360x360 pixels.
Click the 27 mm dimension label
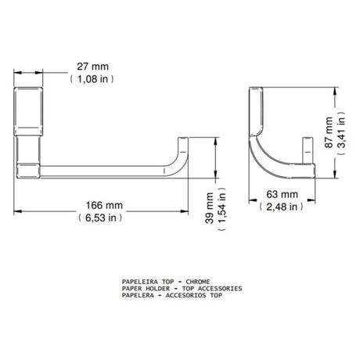click(x=92, y=67)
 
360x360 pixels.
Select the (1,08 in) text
click(x=92, y=79)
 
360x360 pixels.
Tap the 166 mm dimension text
click(x=104, y=205)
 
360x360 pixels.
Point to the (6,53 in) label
click(x=100, y=218)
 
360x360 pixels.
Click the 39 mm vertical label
click(x=210, y=208)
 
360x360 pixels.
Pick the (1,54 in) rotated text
click(x=221, y=209)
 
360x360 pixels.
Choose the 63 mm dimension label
click(x=282, y=194)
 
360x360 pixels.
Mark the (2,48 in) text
click(x=282, y=207)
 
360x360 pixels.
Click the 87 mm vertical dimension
click(x=329, y=132)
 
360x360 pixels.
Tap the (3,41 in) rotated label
click(x=341, y=133)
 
